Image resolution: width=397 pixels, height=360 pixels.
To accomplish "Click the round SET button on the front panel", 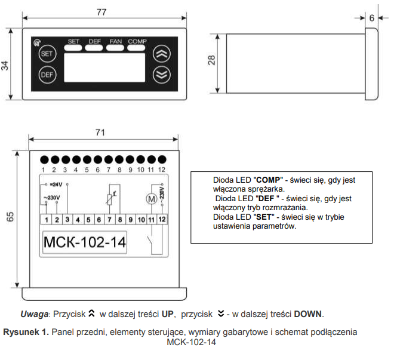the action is (47, 54).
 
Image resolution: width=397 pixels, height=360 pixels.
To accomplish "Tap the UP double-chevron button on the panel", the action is (162, 54).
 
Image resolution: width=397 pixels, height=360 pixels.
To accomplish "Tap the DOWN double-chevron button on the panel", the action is (162, 75).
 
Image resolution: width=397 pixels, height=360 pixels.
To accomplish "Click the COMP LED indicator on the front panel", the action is (136, 48).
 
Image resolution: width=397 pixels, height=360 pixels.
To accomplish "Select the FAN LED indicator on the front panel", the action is (115, 48).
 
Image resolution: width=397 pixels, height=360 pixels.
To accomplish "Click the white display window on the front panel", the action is (104, 67).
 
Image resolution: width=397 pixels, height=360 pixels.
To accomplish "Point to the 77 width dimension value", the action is (101, 12).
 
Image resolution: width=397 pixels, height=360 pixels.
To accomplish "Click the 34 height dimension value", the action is (5, 66).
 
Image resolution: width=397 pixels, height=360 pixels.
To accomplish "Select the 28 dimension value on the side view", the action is (211, 60).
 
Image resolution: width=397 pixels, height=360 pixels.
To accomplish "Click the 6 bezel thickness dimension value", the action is (372, 18).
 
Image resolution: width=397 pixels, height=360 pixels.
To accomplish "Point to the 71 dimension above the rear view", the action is (100, 133).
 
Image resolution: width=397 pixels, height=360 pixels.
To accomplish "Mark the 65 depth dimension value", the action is (10, 217).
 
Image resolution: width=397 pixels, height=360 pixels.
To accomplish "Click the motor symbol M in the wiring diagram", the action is (152, 199).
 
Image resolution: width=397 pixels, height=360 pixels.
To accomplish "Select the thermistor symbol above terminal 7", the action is (110, 199).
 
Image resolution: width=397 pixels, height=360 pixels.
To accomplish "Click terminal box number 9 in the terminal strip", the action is (131, 220).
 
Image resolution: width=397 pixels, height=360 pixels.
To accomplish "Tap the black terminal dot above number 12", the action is (162, 160).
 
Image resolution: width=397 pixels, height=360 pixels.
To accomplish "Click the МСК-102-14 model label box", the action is (85, 242).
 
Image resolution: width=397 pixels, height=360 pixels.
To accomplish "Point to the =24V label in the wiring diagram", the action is (56, 184).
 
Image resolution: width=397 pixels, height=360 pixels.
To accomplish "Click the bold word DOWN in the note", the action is (307, 314).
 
